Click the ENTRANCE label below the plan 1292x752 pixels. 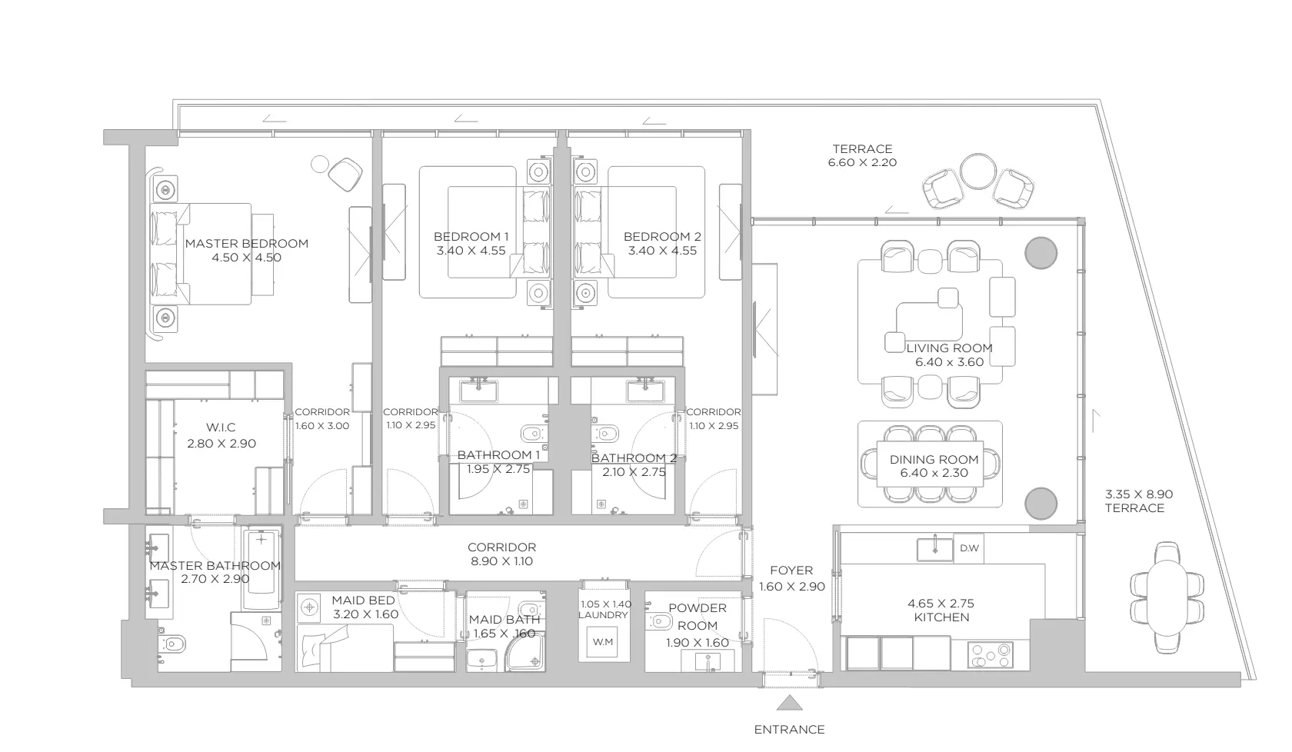click(x=789, y=730)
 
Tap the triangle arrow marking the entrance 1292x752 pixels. click(x=790, y=703)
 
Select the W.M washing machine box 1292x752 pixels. click(x=603, y=642)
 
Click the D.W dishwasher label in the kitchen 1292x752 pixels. click(x=969, y=548)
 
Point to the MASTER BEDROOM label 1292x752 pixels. click(x=246, y=243)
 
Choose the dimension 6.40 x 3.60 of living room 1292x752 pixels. click(x=949, y=362)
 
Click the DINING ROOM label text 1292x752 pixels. click(x=934, y=460)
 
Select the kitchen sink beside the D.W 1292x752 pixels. click(x=935, y=548)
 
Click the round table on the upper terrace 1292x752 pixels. click(x=977, y=171)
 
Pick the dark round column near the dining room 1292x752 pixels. click(x=1041, y=504)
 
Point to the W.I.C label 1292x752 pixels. click(x=221, y=428)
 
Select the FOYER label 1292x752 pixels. click(x=791, y=571)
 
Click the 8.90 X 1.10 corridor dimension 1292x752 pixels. click(x=501, y=561)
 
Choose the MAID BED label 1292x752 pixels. click(x=363, y=601)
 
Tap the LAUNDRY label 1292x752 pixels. click(x=603, y=615)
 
